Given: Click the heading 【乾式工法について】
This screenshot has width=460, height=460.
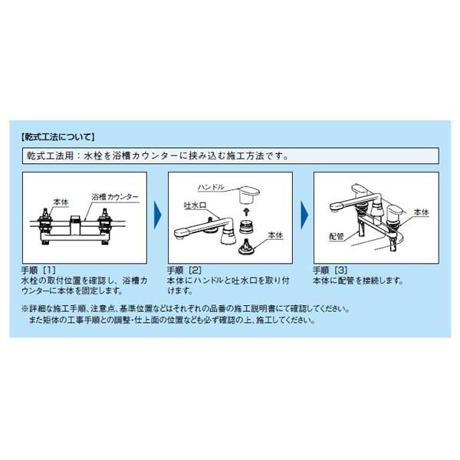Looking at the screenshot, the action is click(x=58, y=137).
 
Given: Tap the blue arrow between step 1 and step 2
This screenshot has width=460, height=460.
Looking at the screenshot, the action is click(x=158, y=216).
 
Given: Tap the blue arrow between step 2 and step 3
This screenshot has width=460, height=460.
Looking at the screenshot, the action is click(x=304, y=216).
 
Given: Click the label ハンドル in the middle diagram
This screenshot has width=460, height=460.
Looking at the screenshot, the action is click(x=211, y=187).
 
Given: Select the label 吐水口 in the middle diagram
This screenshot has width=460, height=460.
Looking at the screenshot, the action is click(x=195, y=205).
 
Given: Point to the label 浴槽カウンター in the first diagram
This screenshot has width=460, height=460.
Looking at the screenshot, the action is click(x=115, y=196).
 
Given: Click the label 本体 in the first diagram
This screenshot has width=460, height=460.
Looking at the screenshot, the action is click(x=61, y=202).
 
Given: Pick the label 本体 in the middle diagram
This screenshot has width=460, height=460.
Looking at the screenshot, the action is click(x=276, y=235).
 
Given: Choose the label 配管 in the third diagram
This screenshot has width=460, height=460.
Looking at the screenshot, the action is click(x=337, y=236).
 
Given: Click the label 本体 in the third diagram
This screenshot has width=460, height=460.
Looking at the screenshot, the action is click(x=421, y=212).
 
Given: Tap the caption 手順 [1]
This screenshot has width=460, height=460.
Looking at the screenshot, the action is click(x=38, y=270).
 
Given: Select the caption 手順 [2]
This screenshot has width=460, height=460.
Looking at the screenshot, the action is click(x=184, y=270).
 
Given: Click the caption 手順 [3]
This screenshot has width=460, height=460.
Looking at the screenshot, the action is click(x=330, y=270).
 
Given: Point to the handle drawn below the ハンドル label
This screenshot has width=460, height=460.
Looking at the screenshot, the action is click(x=249, y=195).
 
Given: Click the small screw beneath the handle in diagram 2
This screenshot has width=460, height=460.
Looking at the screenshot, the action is click(x=247, y=211).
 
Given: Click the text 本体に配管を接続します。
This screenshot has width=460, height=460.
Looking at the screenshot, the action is click(x=358, y=281).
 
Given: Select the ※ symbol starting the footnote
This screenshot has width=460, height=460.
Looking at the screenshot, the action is click(x=25, y=309).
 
